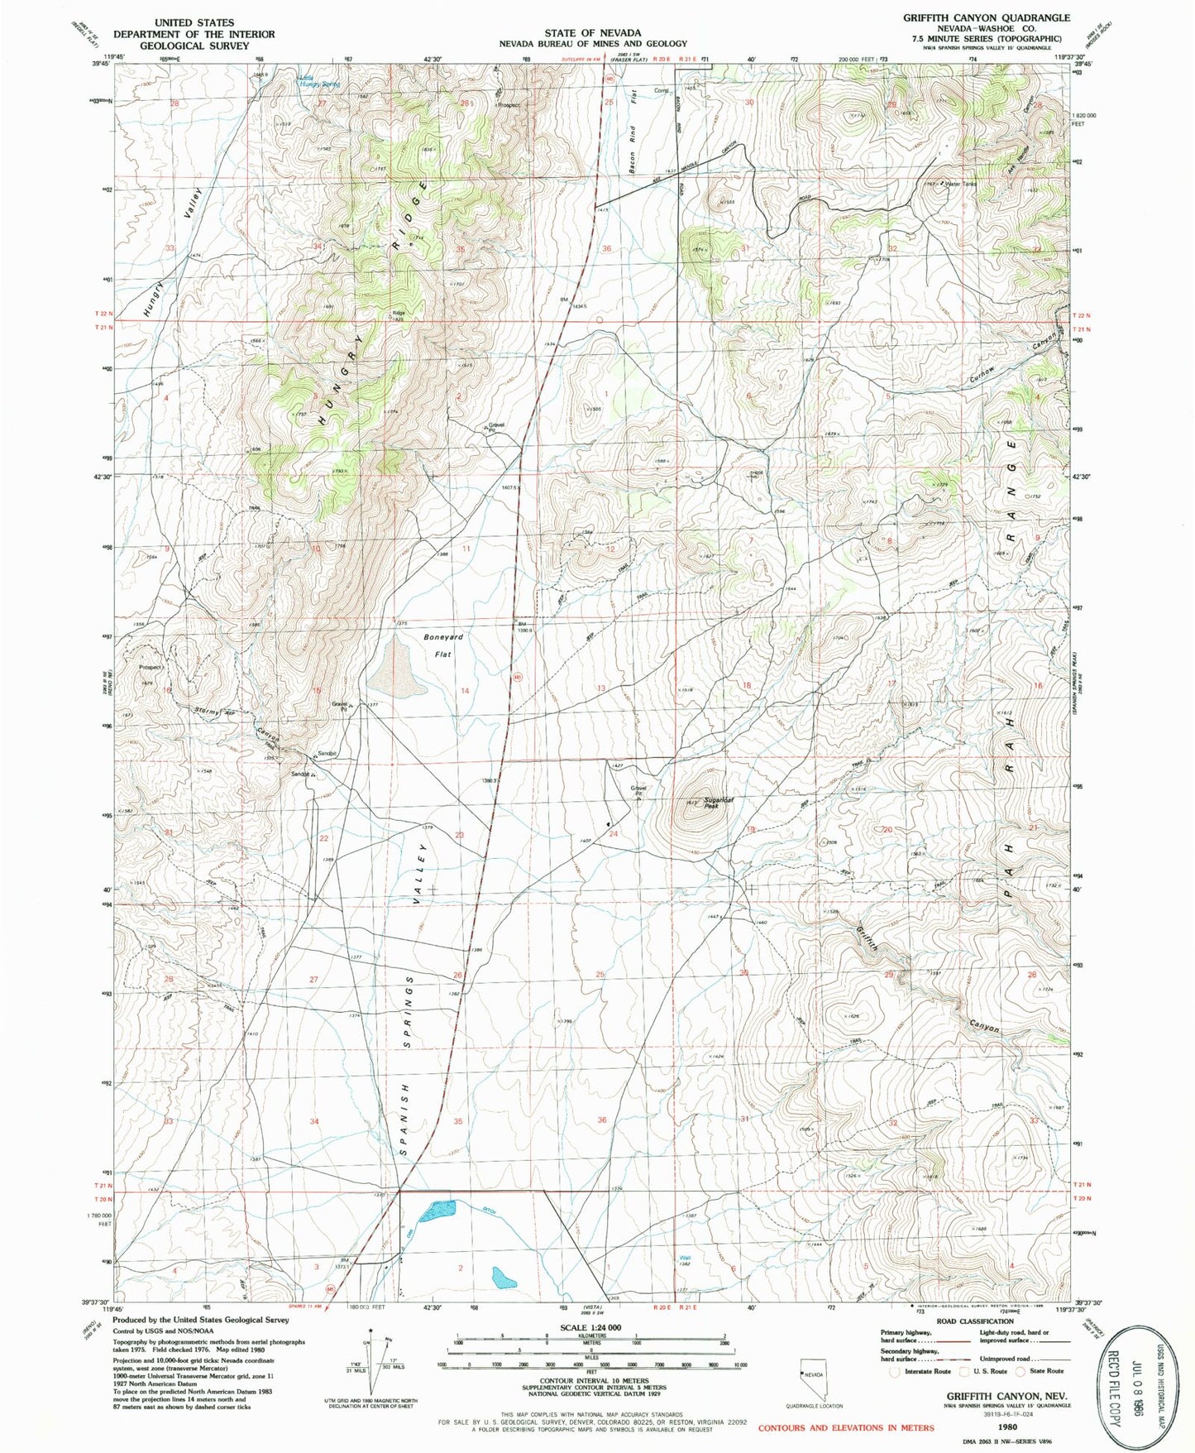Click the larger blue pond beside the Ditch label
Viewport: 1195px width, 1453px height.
click(437, 1211)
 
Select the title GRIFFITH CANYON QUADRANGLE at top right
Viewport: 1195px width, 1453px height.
click(986, 17)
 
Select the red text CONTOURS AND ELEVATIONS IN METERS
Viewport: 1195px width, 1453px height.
click(846, 1427)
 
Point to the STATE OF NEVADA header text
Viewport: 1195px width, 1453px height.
click(592, 33)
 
